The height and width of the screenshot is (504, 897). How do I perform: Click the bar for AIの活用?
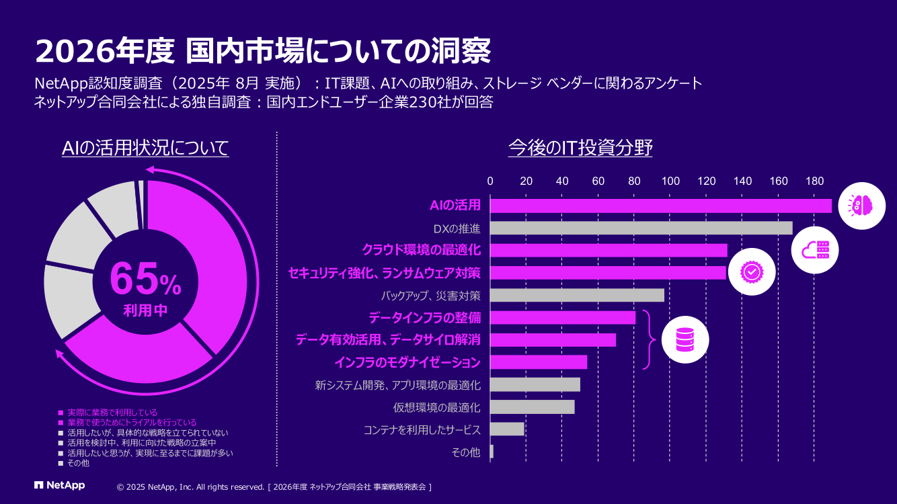pos(660,206)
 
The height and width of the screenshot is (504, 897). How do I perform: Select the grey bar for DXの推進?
pos(641,228)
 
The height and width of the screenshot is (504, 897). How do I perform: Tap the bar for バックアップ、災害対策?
pos(577,295)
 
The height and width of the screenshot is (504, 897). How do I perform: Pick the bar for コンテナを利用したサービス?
pos(507,429)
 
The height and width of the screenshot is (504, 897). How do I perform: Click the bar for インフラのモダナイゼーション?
pos(539,362)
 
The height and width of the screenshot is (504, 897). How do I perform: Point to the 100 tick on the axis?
pos(670,181)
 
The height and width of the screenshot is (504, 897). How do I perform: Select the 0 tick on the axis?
pos(490,181)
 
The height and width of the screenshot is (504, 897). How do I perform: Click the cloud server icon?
pos(816,250)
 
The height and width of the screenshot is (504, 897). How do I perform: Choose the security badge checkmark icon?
pos(750,271)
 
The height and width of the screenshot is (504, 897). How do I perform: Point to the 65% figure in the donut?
pos(145,280)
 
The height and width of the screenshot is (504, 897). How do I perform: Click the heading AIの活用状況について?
pos(145,148)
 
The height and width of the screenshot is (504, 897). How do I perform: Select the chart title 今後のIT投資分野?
pos(580,148)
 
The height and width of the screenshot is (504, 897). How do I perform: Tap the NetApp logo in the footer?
pos(60,485)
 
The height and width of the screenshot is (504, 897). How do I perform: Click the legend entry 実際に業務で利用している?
pos(112,413)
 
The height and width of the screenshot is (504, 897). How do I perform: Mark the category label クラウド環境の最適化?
pos(421,250)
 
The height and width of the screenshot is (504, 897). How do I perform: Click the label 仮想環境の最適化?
pos(436,407)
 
